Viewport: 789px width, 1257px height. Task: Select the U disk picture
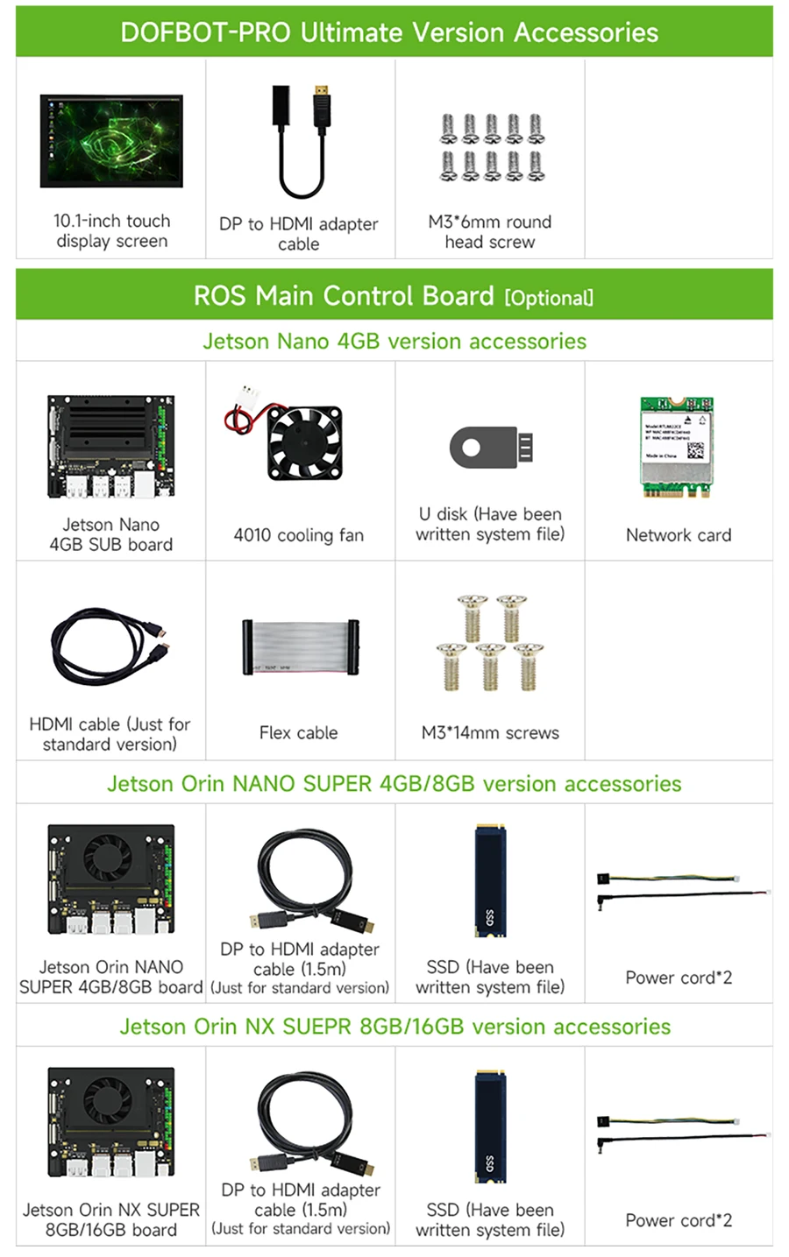491,448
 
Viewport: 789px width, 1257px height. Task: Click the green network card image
677,448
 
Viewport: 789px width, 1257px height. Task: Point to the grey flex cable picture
300,647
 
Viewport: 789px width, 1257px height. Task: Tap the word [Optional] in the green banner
549,298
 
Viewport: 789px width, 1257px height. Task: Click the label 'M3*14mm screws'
490,733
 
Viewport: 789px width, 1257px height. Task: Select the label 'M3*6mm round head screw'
489,232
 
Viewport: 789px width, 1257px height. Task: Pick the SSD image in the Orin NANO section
490,880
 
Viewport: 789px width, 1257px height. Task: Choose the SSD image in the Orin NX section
490,1124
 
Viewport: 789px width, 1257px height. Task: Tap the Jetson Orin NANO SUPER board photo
111,879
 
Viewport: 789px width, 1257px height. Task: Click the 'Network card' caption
679,535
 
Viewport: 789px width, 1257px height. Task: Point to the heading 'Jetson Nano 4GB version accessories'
394,341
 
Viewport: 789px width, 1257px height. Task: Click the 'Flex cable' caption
298,733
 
